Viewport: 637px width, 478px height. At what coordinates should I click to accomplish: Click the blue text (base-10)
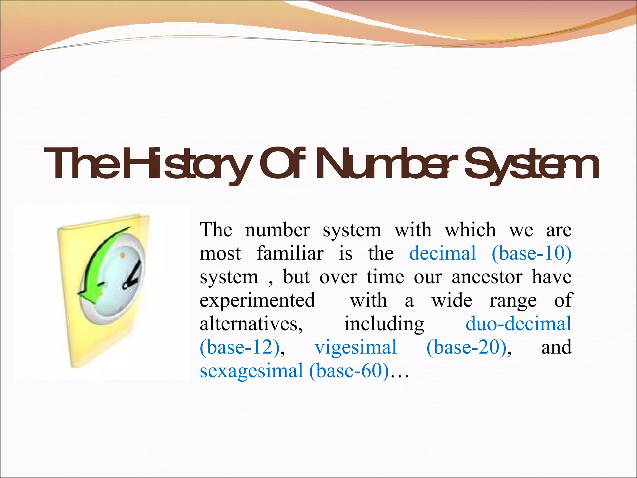click(531, 253)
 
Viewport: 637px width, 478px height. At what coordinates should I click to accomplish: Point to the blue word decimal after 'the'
click(442, 253)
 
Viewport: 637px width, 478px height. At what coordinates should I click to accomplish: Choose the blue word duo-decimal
click(518, 324)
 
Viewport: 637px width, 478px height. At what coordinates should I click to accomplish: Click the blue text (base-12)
click(239, 347)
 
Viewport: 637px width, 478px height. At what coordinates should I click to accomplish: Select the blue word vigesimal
click(356, 347)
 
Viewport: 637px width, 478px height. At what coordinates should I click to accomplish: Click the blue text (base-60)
click(349, 371)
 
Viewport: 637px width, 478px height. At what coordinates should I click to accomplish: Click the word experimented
click(258, 301)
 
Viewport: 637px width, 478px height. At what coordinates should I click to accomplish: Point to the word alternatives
click(251, 324)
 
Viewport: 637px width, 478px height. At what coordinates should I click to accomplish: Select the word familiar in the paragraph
click(290, 253)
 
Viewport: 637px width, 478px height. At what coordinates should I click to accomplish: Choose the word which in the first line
click(470, 230)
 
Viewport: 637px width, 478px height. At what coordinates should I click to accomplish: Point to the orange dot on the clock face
click(123, 255)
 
